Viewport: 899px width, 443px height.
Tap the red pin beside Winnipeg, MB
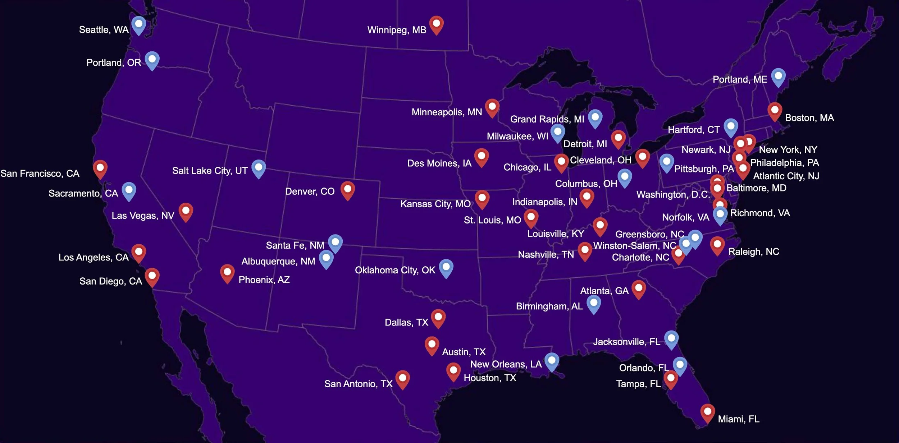point(436,24)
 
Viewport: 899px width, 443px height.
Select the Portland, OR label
point(114,63)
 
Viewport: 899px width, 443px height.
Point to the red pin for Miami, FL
point(707,412)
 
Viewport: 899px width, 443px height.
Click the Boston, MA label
point(809,118)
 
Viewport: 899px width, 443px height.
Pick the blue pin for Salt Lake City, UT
point(259,168)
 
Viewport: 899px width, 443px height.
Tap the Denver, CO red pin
point(348,190)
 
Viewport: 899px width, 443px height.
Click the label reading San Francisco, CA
point(40,174)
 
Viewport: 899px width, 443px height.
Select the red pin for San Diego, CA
point(152,276)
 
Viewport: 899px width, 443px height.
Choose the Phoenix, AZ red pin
point(227,273)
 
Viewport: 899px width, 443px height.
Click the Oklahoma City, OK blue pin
point(446,268)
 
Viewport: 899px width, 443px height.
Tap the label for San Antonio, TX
point(358,384)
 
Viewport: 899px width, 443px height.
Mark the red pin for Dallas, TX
point(438,318)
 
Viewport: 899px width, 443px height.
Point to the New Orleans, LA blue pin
point(552,361)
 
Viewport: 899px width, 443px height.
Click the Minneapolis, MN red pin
point(492,107)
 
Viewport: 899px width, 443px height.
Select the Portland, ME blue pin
point(778,77)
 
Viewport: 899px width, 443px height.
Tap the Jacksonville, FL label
point(626,342)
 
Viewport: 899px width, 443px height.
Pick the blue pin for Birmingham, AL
point(594,304)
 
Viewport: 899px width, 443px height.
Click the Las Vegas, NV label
point(143,216)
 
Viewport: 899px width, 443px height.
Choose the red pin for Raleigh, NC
point(717,245)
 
